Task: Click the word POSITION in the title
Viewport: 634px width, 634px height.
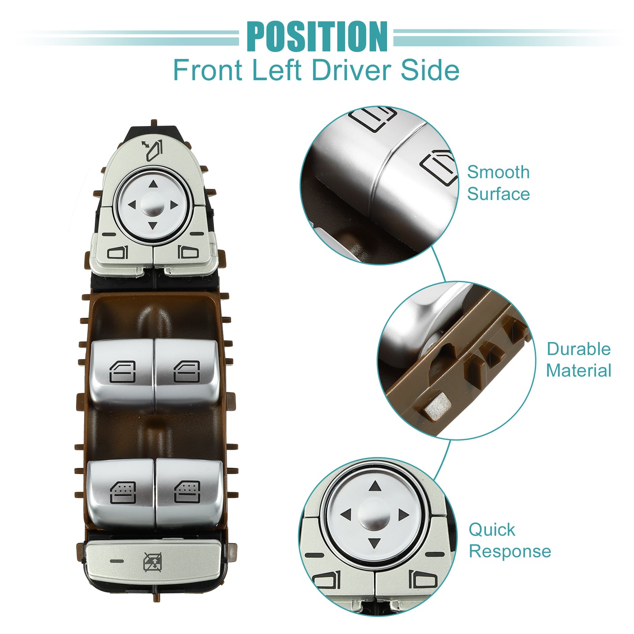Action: click(317, 37)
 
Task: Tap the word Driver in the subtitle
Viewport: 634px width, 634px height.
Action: click(351, 70)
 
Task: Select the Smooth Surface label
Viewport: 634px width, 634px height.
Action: click(498, 183)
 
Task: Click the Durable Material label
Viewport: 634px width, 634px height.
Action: click(579, 360)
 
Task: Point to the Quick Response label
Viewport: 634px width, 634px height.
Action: click(510, 540)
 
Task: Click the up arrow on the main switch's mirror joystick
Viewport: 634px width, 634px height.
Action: click(153, 184)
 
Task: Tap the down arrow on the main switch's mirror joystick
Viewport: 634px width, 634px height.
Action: click(153, 225)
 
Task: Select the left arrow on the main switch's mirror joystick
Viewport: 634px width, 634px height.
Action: click(132, 205)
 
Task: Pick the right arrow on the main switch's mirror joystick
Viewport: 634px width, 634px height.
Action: click(174, 205)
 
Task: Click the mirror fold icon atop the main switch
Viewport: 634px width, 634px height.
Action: click(152, 151)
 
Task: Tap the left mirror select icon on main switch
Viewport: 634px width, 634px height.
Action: click(118, 253)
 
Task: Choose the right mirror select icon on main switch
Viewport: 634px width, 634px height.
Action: click(188, 252)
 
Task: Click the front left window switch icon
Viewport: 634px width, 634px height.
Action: click(122, 372)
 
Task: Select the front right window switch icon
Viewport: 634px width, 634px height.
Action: click(187, 372)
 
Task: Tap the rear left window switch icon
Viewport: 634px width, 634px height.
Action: click(123, 493)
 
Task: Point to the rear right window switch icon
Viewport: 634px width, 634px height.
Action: click(187, 492)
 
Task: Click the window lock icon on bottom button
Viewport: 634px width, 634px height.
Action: click(153, 562)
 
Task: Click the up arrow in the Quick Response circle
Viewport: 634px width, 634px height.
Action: click(375, 486)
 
